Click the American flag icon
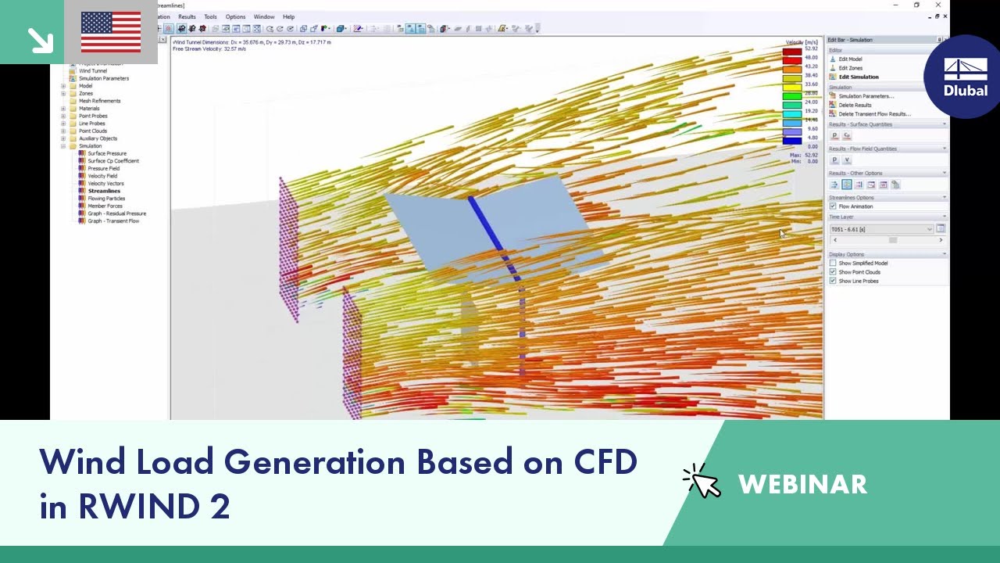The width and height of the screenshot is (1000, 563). tap(111, 32)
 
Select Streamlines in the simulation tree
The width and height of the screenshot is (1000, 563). tap(104, 191)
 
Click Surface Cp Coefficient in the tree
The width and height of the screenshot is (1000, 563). tap(112, 161)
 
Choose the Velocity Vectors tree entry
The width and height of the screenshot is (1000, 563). tap(105, 184)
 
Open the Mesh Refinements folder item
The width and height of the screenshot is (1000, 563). tap(99, 101)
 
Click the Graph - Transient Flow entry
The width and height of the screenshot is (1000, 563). tap(113, 221)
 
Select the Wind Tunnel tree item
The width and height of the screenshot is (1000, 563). tap(92, 71)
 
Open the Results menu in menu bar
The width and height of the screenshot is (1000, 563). tap(187, 16)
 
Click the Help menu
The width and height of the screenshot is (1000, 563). tap(288, 16)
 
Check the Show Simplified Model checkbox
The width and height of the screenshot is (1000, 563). tap(833, 264)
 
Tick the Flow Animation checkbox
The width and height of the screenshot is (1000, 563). tap(833, 206)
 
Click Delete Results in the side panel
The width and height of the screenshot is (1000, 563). tap(855, 105)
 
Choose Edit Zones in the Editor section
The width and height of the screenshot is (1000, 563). tap(850, 68)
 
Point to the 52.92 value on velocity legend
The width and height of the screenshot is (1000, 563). tap(811, 48)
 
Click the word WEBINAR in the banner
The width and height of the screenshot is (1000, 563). tap(802, 485)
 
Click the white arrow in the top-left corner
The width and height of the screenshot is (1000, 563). tap(39, 40)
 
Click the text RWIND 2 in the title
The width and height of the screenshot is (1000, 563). tap(154, 507)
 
